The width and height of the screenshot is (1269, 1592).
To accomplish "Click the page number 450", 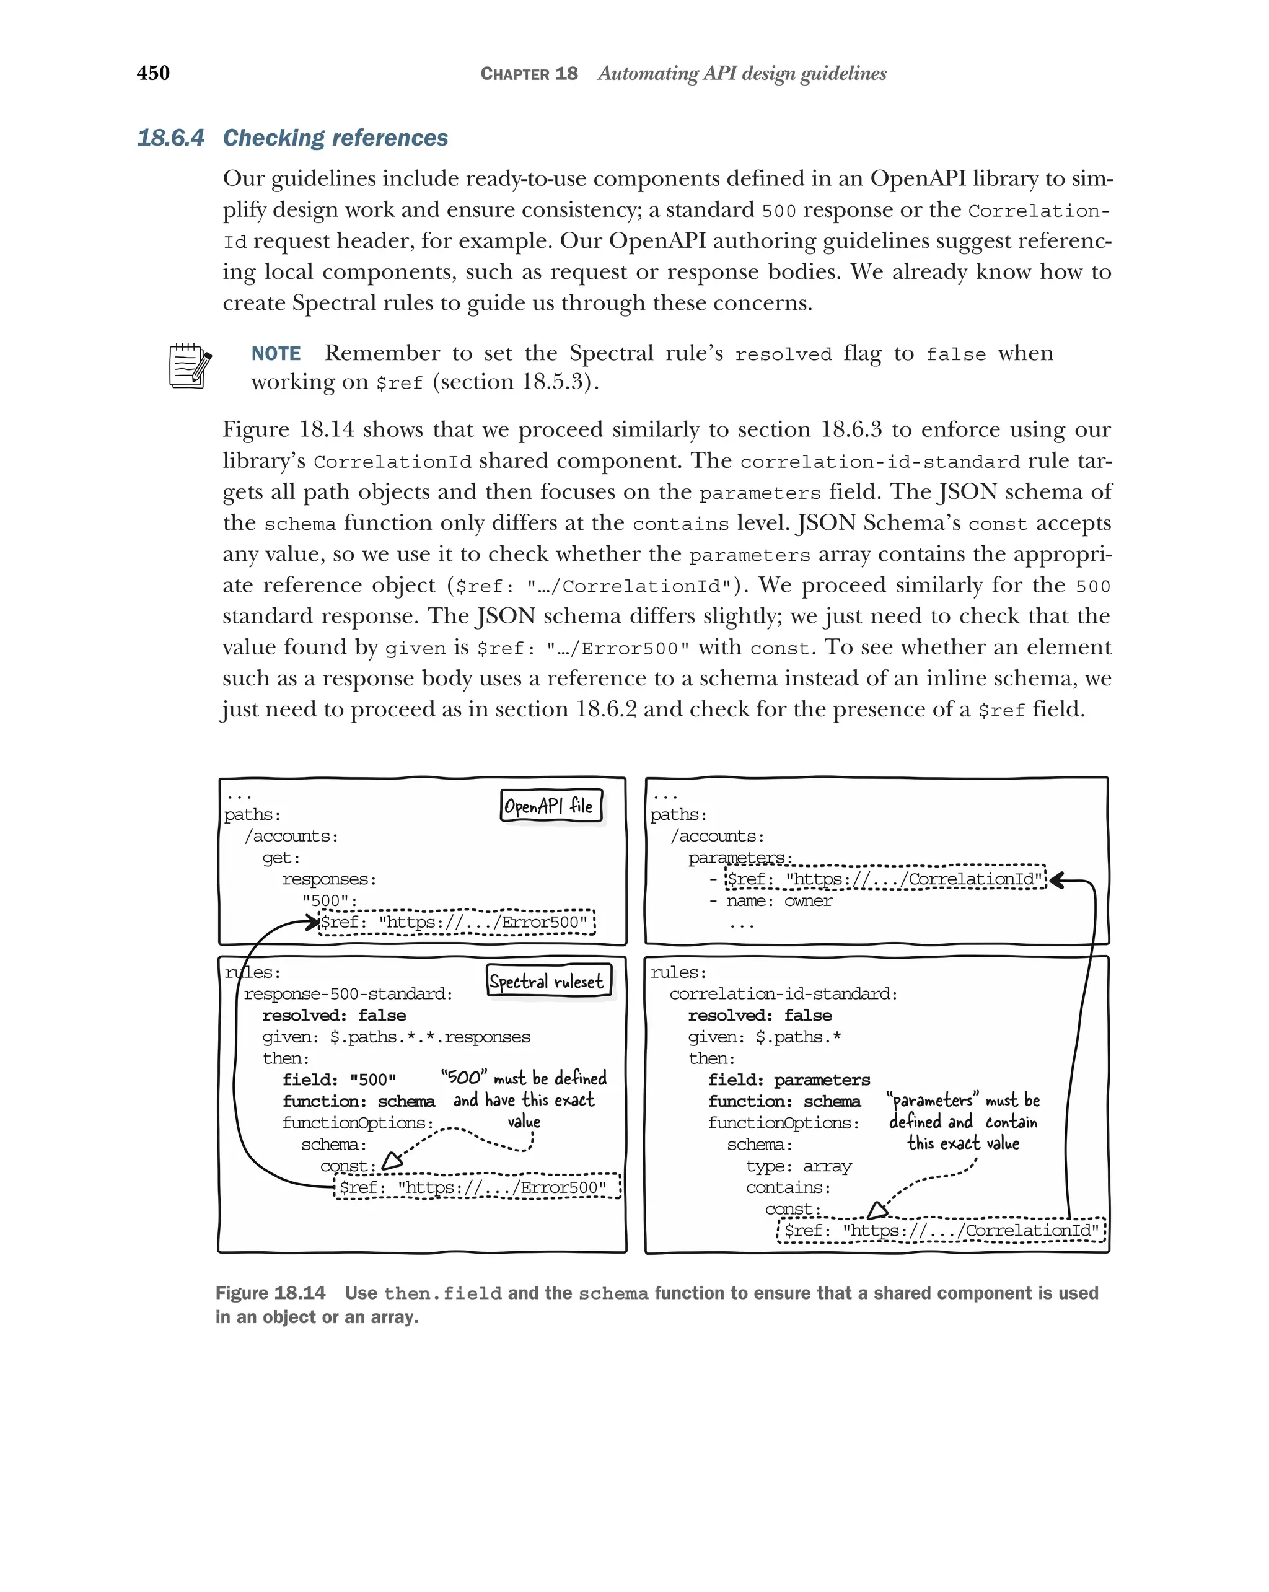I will click(153, 73).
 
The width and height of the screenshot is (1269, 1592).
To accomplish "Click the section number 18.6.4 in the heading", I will click(170, 138).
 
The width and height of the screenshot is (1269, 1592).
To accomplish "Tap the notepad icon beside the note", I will click(190, 366).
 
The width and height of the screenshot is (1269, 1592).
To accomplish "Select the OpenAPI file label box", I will click(551, 806).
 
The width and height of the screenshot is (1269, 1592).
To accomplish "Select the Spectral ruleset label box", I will click(548, 980).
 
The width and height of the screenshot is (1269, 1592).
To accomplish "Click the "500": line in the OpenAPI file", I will click(329, 901).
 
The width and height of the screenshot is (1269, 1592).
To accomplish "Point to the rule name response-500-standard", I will click(348, 994).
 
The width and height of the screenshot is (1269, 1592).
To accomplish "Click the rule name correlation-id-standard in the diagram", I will click(783, 994).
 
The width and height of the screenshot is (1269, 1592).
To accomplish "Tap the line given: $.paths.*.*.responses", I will click(396, 1037).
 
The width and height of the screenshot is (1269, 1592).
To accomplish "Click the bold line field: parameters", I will click(788, 1080).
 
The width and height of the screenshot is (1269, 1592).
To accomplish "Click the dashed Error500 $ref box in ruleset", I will click(477, 1187).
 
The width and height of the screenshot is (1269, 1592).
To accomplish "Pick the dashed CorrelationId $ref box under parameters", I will click(885, 879).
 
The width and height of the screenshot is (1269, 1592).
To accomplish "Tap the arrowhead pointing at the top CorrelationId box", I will click(1057, 879).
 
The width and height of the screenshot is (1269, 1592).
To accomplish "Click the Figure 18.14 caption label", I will click(270, 1293).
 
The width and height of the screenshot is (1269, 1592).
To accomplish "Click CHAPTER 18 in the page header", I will click(529, 74).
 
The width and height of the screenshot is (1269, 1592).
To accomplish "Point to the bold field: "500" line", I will click(339, 1080).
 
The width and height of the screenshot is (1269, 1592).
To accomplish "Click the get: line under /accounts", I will click(281, 858).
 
